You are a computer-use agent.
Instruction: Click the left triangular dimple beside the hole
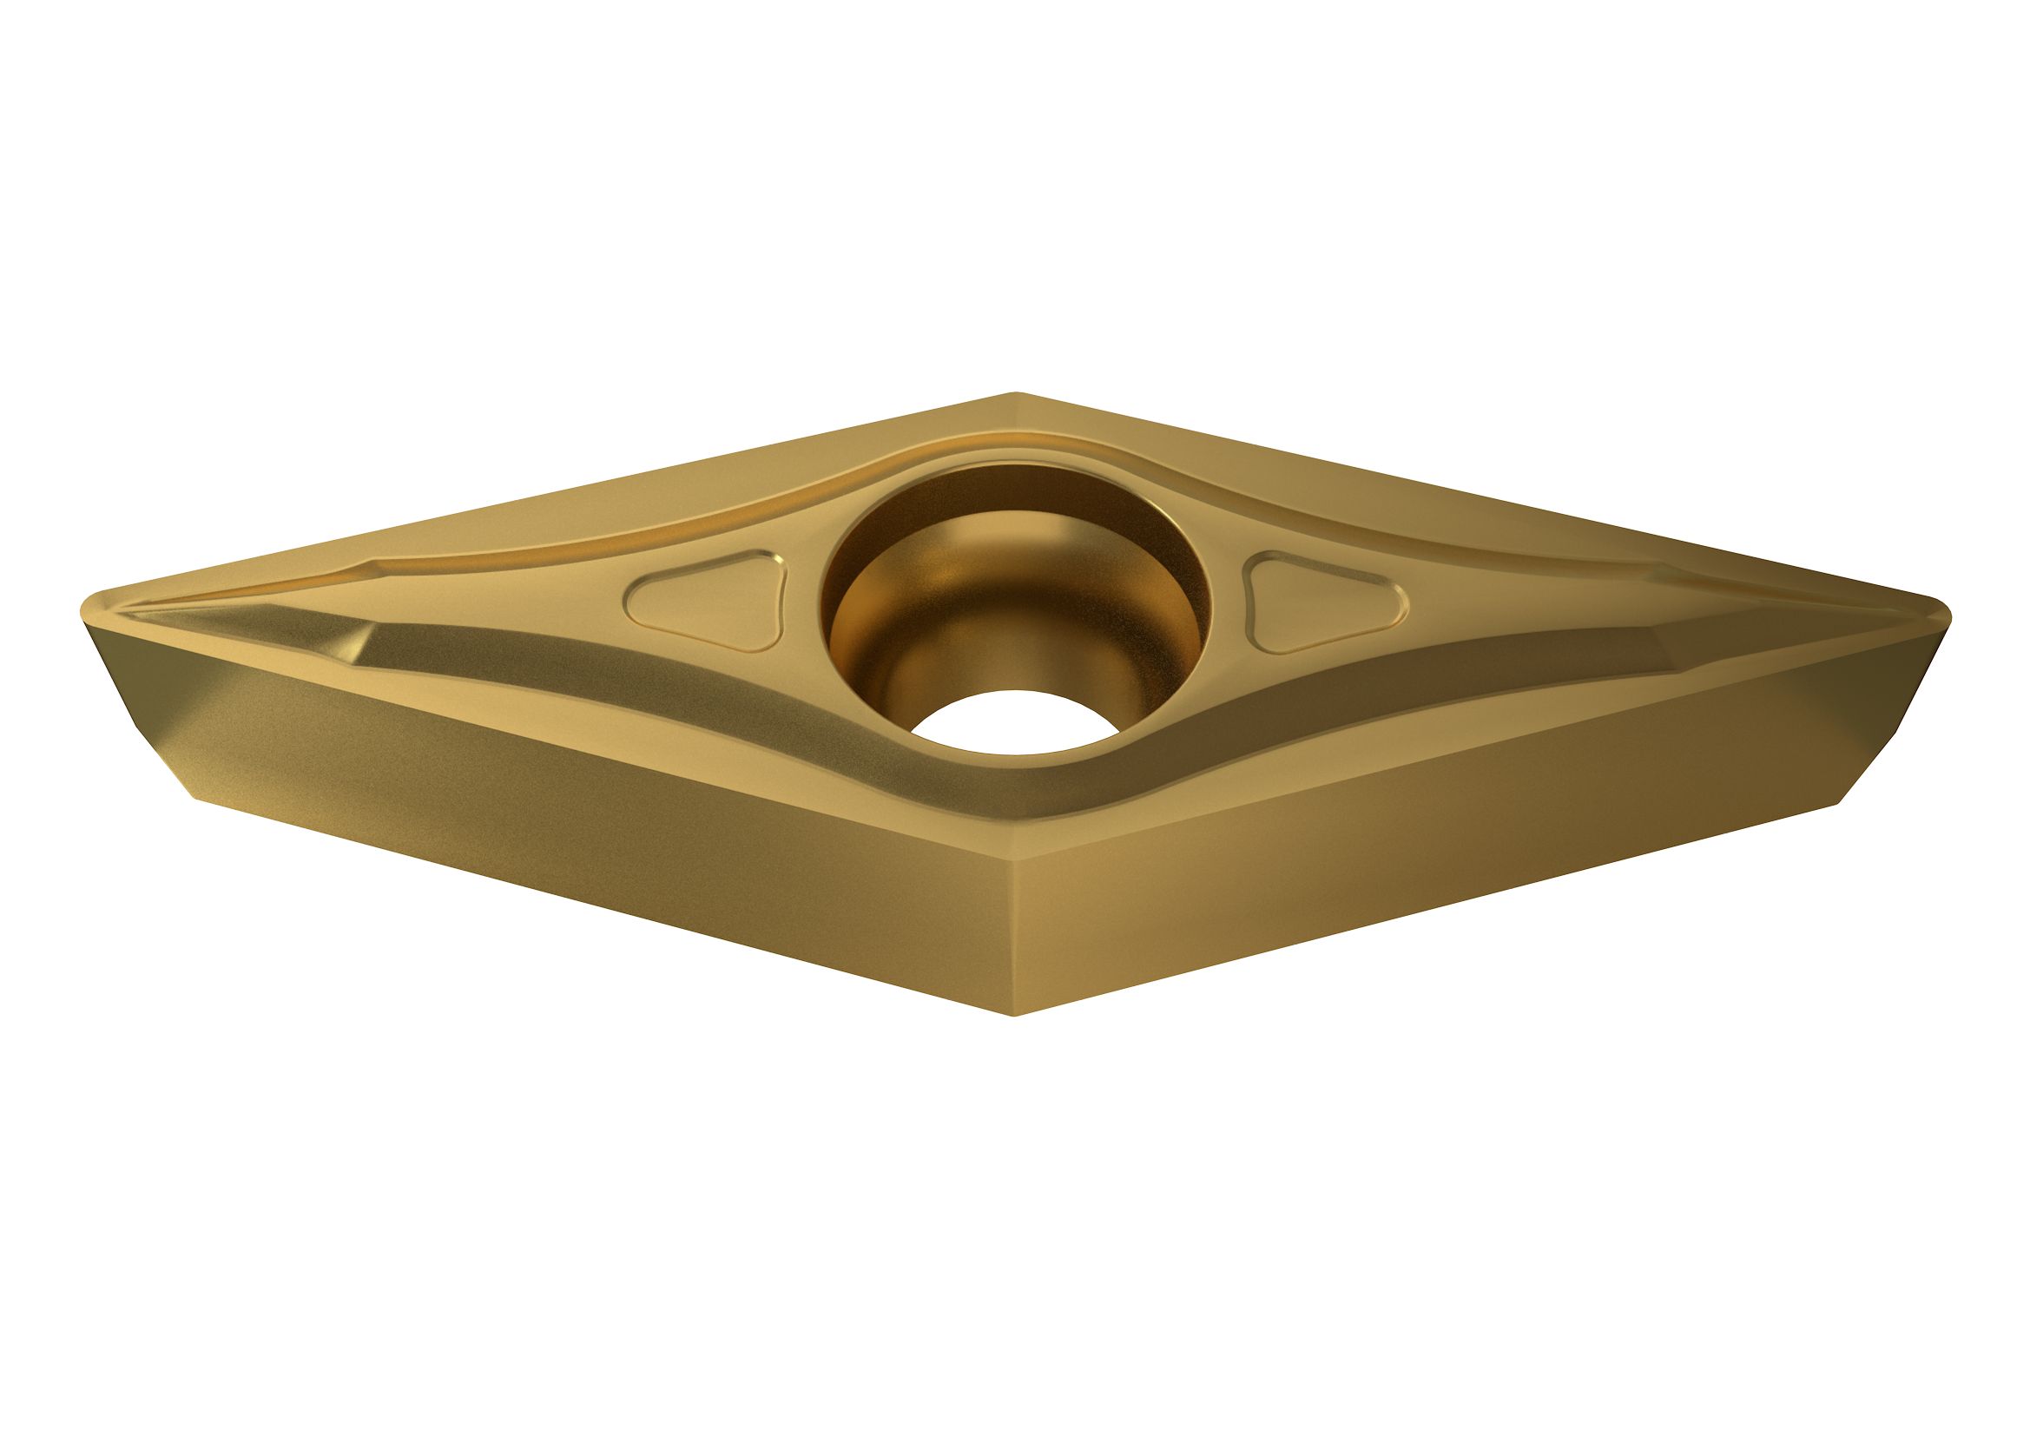point(708,602)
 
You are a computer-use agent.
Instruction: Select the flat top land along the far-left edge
point(531,504)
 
